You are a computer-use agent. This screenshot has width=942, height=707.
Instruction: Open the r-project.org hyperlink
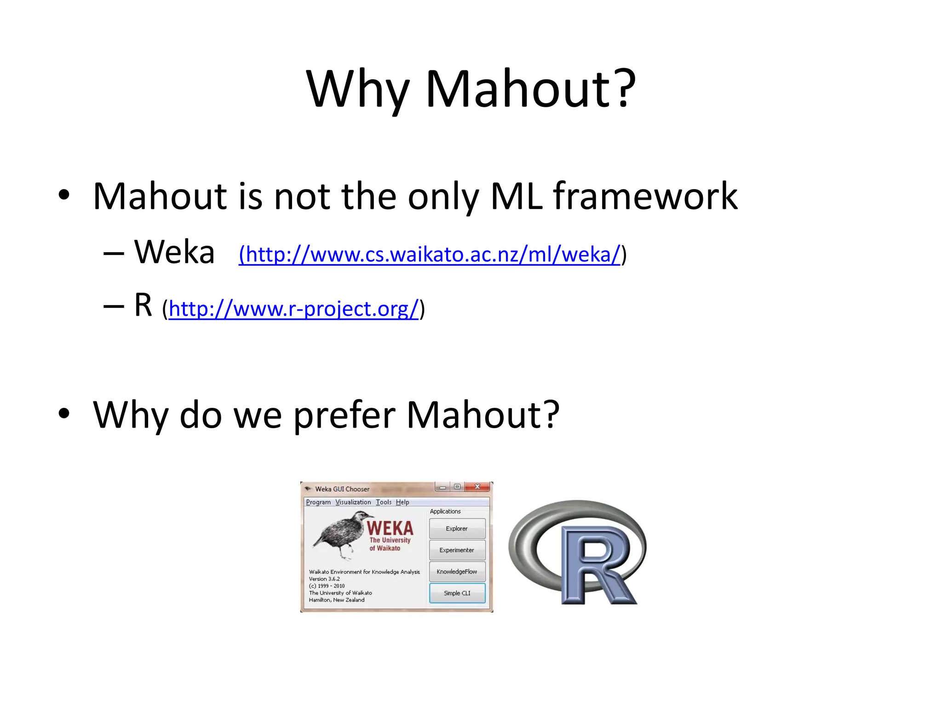[x=293, y=308]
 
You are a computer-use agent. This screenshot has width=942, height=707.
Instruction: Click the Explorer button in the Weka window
[x=457, y=528]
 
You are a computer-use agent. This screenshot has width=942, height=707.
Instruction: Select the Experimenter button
[x=457, y=550]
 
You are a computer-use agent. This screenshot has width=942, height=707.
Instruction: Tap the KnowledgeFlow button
[x=457, y=572]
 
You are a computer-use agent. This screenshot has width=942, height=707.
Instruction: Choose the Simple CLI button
[x=457, y=593]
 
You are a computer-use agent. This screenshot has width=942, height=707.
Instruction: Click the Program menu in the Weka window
[x=318, y=502]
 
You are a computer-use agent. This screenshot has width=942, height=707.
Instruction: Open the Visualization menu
[x=353, y=502]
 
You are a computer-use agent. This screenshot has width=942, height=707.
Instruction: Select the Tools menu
[x=384, y=502]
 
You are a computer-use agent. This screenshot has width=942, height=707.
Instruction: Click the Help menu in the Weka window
[x=402, y=502]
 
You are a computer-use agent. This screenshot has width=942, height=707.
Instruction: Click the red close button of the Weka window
[x=477, y=487]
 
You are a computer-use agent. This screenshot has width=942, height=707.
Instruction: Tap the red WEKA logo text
[x=390, y=528]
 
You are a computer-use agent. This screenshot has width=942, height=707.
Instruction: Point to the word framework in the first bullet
[x=645, y=197]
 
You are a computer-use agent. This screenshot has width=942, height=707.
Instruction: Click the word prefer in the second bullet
[x=344, y=415]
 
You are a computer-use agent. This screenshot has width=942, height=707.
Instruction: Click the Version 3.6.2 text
[x=324, y=579]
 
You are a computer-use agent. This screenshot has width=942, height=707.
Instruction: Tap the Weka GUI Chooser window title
[x=342, y=489]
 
